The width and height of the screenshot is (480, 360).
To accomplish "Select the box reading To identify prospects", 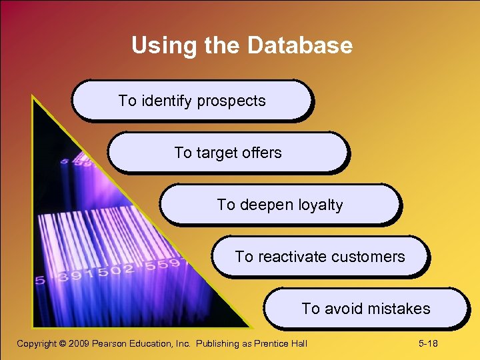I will pos(192,101).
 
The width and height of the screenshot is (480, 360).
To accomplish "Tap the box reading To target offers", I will pos(228,153).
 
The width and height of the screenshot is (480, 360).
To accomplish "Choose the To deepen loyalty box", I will pos(280,205).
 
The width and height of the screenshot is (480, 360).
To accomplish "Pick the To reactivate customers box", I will pos(320,257).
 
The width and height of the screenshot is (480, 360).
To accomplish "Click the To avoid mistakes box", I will pos(366,309).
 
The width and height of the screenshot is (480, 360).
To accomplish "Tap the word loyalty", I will pos(318,205).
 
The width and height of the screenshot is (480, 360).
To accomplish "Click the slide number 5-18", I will pos(428,344).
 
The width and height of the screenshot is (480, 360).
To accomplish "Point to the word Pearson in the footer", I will pos(112,344).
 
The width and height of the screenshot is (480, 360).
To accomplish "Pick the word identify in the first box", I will pos(164,101).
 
